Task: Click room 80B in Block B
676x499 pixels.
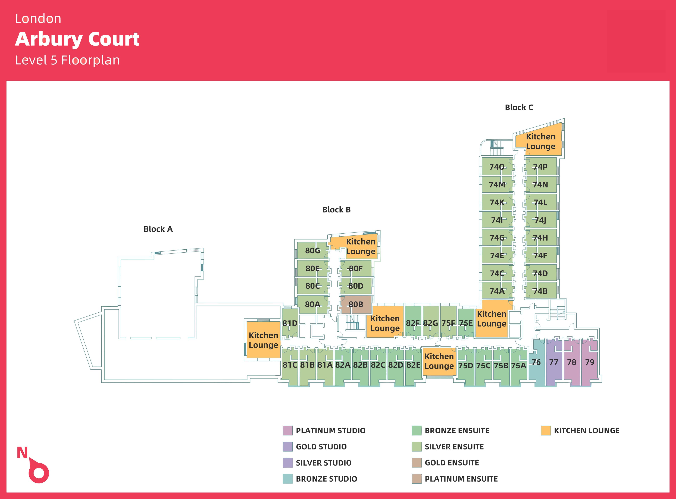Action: (356, 305)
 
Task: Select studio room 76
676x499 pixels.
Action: (536, 362)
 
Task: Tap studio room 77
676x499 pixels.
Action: (554, 362)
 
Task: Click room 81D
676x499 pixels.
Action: (290, 323)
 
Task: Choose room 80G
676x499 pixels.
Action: (312, 250)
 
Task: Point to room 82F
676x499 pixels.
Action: (413, 323)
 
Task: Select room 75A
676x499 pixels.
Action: (519, 365)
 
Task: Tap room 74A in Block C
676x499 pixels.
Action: (497, 291)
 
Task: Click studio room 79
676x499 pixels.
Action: (590, 362)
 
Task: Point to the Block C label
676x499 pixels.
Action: (519, 108)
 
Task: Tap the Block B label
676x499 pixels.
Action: (336, 210)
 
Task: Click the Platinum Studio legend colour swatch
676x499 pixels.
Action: (287, 430)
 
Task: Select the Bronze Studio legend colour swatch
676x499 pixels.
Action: (287, 479)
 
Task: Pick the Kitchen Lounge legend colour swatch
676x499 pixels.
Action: (546, 430)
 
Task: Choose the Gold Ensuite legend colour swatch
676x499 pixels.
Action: (417, 463)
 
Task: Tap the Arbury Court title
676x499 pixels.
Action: (77, 39)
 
